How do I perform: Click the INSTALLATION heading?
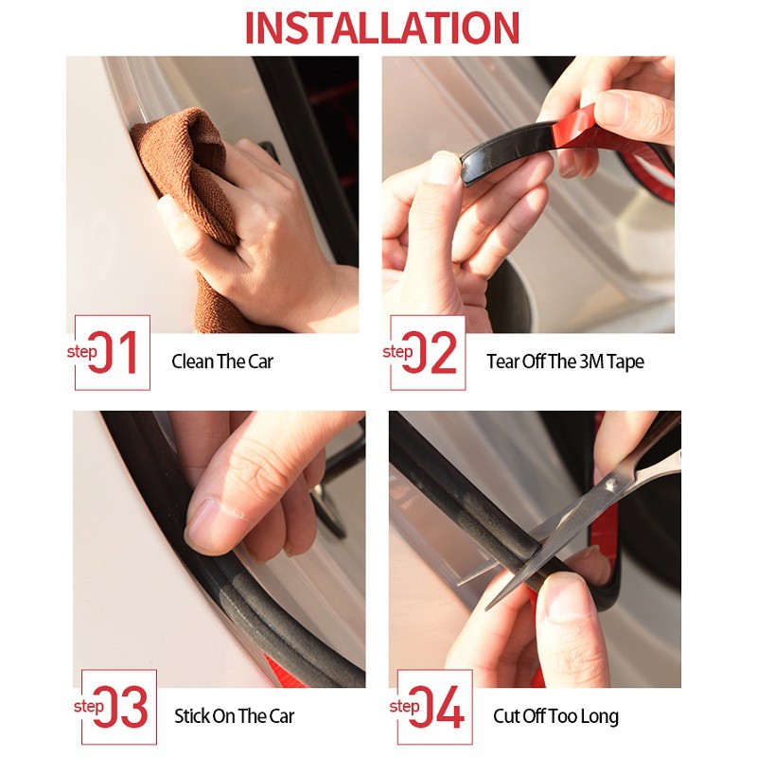click(382, 27)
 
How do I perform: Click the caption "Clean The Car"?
click(222, 361)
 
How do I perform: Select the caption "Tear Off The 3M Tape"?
click(565, 361)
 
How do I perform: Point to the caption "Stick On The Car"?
click(234, 716)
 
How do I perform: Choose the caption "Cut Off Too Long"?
click(555, 716)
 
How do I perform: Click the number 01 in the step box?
click(113, 352)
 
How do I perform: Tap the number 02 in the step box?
click(430, 352)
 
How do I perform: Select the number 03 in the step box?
click(121, 706)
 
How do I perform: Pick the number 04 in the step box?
click(437, 706)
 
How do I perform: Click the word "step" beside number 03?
click(89, 706)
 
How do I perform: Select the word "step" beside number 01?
click(82, 352)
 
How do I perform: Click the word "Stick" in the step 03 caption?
click(192, 716)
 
